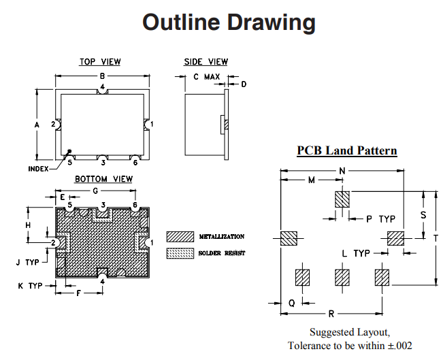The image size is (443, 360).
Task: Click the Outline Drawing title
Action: [x=229, y=23]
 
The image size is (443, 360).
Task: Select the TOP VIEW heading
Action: [x=100, y=62]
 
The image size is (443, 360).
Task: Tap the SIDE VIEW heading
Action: [x=206, y=62]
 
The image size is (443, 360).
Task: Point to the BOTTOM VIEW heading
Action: [x=104, y=179]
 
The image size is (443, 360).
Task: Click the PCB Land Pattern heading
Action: [x=347, y=150]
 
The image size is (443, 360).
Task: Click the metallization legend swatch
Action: [x=180, y=236]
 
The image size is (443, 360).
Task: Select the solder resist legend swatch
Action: [x=180, y=253]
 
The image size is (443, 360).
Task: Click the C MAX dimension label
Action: [x=206, y=77]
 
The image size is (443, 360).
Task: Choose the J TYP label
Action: [x=28, y=261]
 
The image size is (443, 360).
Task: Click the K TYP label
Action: [x=29, y=286]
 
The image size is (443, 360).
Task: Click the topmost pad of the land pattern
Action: [x=342, y=199]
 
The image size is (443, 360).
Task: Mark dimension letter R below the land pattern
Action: [x=331, y=314]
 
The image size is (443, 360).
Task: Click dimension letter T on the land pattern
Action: [x=436, y=238]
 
